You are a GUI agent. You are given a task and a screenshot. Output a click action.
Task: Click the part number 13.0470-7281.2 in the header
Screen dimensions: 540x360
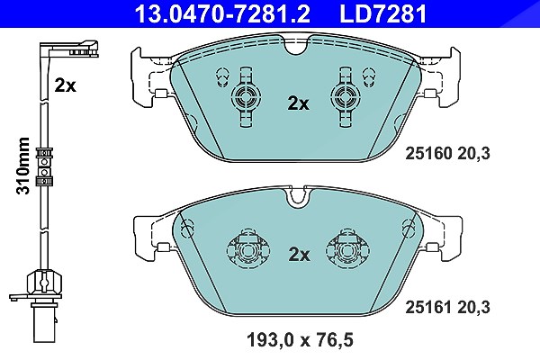(223, 13)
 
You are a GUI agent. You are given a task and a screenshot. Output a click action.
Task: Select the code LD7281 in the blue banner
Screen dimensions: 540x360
(383, 13)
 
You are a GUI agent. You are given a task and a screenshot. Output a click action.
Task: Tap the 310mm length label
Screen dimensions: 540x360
(23, 166)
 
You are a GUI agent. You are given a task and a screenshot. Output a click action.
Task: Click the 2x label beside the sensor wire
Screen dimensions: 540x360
(65, 85)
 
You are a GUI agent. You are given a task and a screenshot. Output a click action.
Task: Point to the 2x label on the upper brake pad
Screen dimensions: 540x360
(298, 103)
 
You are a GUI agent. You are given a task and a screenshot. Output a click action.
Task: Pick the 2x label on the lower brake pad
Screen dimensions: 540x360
(299, 255)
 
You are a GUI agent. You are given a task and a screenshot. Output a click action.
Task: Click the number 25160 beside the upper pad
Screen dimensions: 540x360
(428, 154)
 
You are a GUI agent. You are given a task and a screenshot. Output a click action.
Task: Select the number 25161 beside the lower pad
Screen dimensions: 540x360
(428, 307)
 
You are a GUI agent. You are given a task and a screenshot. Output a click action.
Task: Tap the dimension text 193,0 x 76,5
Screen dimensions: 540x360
(300, 340)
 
